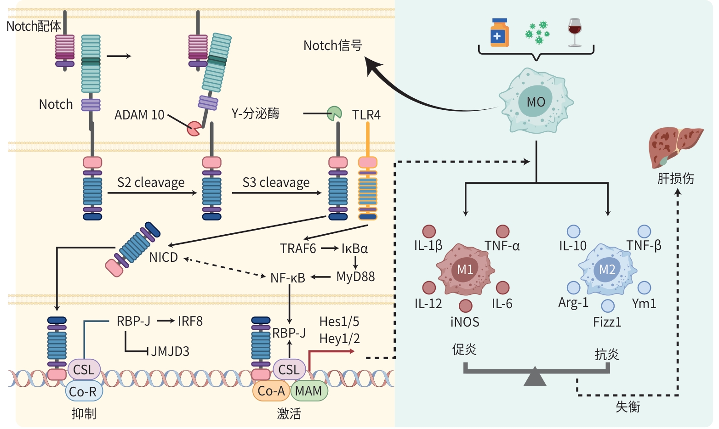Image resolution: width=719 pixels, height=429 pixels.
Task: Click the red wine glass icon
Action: point(574,32)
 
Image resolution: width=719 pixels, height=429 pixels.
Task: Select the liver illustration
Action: point(675,147)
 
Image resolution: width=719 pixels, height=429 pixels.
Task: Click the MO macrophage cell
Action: point(536,102)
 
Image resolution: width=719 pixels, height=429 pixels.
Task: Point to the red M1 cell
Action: point(465,269)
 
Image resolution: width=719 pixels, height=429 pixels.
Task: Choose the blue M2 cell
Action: point(607,269)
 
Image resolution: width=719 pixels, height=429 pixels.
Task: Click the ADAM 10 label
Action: point(139,115)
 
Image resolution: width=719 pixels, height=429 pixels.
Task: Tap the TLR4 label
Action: point(366,115)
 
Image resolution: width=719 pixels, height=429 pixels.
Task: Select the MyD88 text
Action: point(355,277)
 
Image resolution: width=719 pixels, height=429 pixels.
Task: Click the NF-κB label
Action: point(288,278)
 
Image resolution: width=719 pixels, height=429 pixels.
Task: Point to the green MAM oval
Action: point(308,391)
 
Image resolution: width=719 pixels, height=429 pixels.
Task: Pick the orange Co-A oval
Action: point(271,391)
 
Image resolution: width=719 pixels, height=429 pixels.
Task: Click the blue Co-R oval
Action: point(83,391)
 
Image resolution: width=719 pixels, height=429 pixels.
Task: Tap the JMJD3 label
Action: point(170,351)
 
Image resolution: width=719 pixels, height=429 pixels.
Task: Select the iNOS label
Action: point(465,322)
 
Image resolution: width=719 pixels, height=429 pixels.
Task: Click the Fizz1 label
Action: point(607,322)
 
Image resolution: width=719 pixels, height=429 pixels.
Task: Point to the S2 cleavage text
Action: point(151,183)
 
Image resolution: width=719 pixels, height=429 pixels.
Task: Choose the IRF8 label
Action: point(190,321)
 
